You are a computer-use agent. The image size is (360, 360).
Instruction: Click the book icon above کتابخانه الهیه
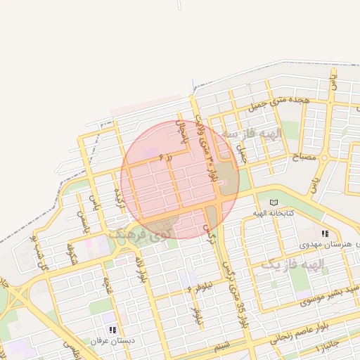click(x=274, y=202)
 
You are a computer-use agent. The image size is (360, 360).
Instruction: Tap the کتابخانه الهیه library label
click(x=273, y=212)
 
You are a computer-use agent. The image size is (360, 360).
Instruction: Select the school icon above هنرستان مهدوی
click(x=324, y=233)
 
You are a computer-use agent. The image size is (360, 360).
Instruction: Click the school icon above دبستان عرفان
click(x=112, y=330)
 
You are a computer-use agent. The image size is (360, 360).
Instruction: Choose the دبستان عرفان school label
click(x=111, y=340)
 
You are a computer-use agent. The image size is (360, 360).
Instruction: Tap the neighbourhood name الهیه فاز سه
click(x=251, y=133)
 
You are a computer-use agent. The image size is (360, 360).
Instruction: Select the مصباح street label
click(x=304, y=159)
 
